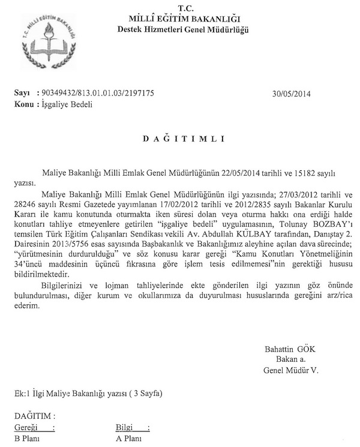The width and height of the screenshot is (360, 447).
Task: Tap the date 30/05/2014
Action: tap(292, 94)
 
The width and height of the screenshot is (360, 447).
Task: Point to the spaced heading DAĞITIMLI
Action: tap(183, 139)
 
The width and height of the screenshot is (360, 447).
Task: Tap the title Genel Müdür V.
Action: tap(291, 370)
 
